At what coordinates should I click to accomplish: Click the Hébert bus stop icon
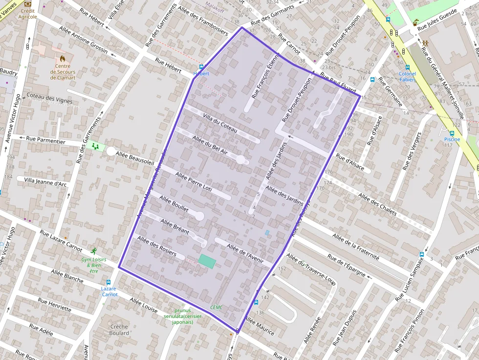point(201,67)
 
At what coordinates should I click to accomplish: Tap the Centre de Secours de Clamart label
point(63,72)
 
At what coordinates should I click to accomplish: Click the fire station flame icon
point(63,58)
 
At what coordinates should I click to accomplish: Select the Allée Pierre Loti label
point(193,181)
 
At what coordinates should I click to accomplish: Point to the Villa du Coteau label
point(219,124)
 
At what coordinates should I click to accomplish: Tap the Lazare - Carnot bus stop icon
point(108,282)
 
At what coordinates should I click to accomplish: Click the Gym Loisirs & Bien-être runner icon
point(93,251)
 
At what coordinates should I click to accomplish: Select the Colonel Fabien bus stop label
point(407,77)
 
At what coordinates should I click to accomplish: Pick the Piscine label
point(452,139)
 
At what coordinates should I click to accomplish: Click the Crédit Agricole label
point(28,13)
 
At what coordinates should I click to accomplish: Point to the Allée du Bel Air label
point(210,145)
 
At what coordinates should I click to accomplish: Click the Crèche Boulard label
point(119,330)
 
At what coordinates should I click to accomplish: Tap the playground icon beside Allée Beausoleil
point(96,146)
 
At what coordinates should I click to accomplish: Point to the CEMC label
point(216,307)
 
